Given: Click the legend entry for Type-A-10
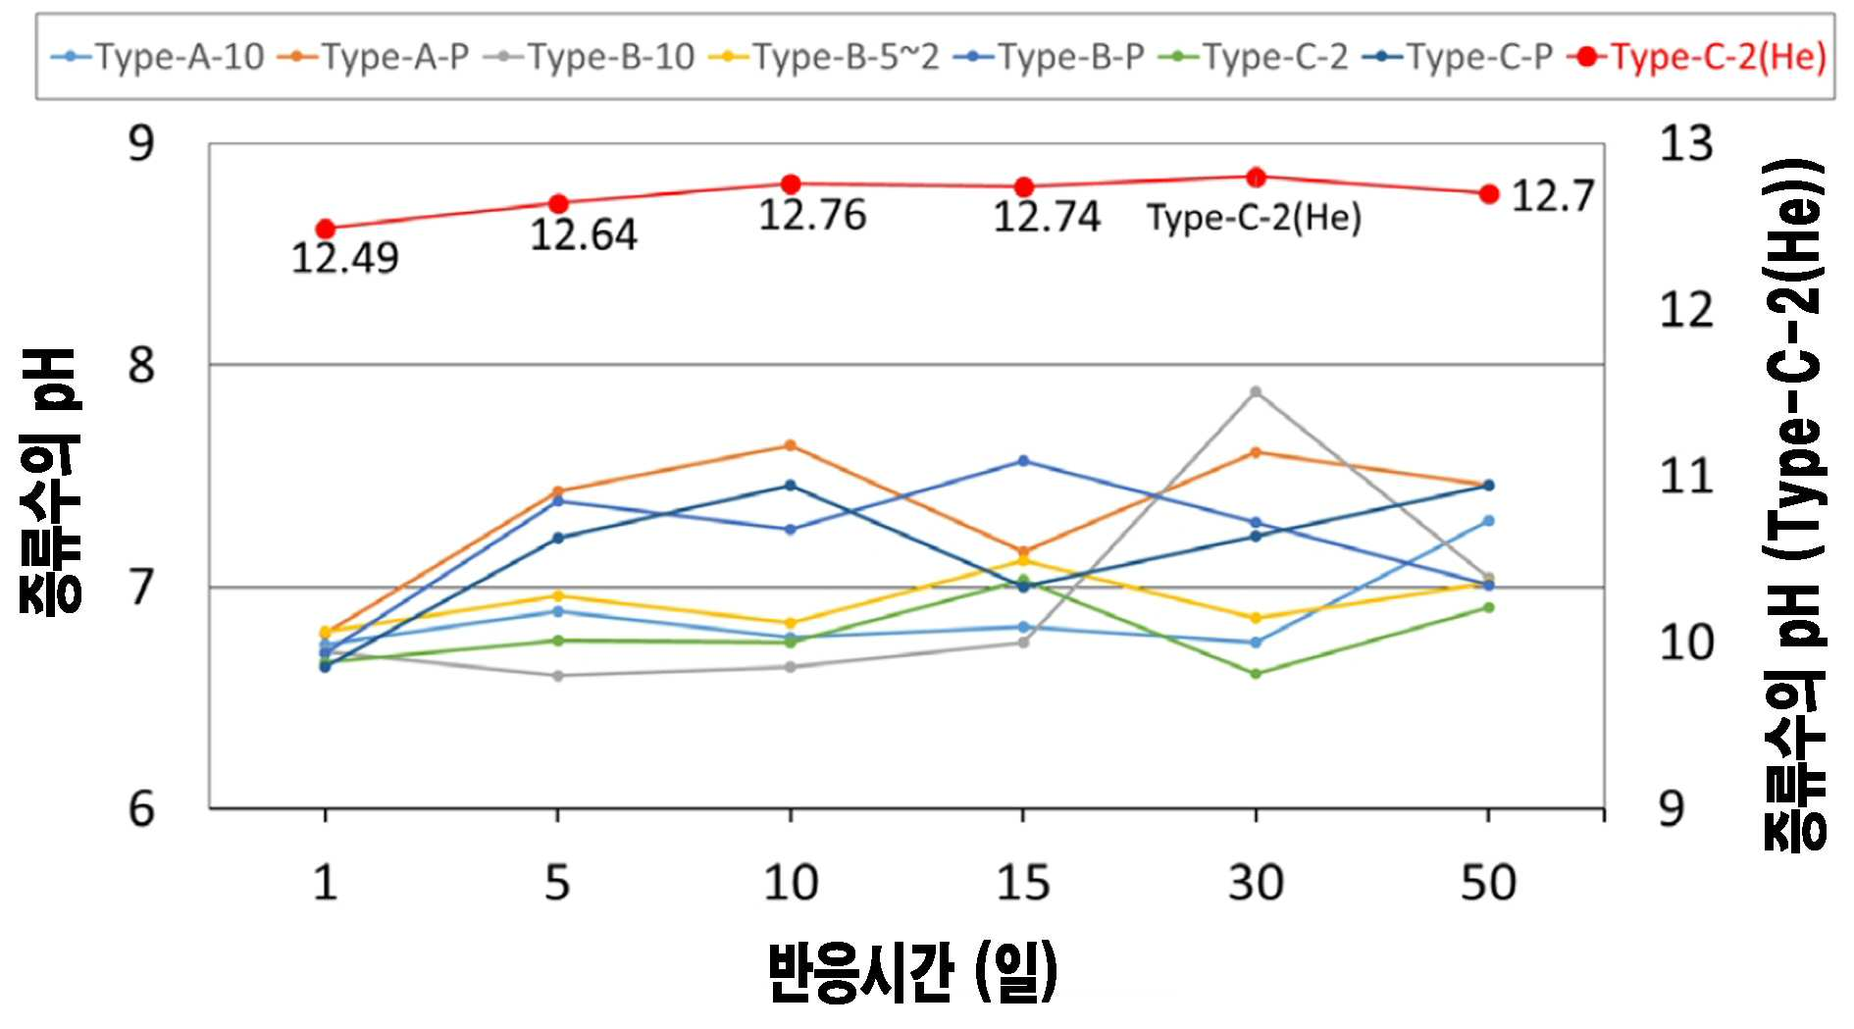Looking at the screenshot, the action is point(158,57).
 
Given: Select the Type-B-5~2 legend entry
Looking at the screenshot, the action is point(823,57).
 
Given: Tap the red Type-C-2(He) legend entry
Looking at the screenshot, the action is point(1697,57).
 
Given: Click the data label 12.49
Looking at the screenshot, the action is point(345,258).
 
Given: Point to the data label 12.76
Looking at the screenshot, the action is point(812,215).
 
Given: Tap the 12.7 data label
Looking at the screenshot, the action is point(1553,196).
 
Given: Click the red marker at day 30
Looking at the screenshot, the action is point(1256,178).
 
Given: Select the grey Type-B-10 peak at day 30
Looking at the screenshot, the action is point(1256,392).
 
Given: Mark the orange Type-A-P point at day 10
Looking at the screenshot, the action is point(791,445).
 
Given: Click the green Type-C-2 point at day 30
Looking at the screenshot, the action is point(1256,674).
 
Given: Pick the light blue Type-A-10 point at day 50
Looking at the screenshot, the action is point(1488,521).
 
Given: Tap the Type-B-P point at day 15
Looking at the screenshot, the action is point(1023,461).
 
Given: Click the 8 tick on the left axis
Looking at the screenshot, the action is point(142,365).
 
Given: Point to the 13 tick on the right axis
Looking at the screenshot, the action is point(1686,144).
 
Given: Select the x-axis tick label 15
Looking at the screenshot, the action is point(1023,883).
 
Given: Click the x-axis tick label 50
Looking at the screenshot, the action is point(1488,883).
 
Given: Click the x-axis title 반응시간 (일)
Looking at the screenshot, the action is point(912,972).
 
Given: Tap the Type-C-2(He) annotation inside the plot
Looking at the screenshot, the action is point(1255,218).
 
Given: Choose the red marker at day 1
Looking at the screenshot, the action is point(326,230).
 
